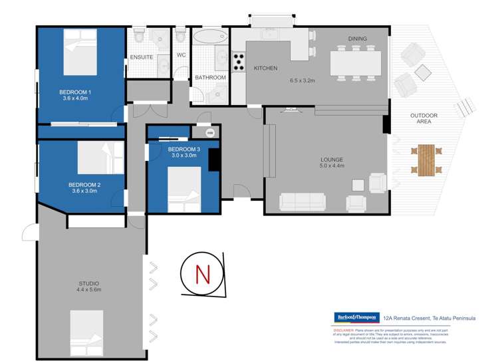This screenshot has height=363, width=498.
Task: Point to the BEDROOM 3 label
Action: coord(183,152)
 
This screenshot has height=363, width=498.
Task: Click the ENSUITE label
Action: coord(141,57)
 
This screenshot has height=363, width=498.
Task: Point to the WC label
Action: coord(180,56)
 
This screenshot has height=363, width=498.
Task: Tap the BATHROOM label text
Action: coord(210,78)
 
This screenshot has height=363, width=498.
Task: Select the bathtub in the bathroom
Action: coord(210,36)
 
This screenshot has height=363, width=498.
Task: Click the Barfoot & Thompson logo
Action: coord(356,317)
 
